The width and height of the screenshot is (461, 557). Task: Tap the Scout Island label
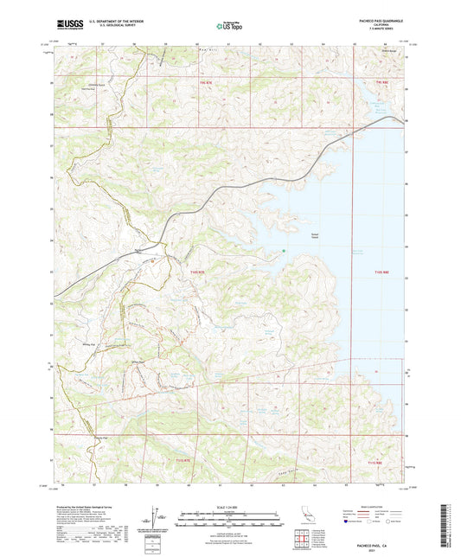[x=292, y=235]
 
